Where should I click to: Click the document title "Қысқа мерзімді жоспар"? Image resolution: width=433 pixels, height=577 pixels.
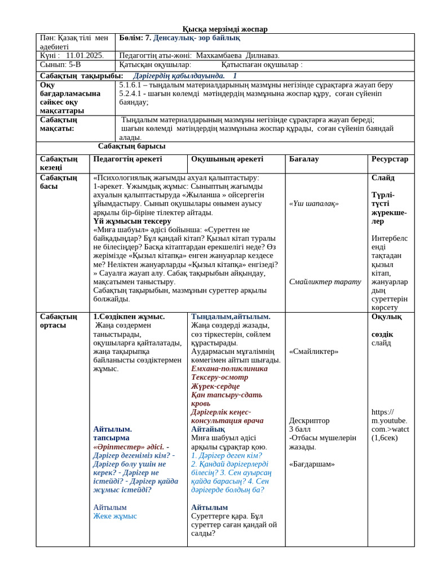pos(225,29)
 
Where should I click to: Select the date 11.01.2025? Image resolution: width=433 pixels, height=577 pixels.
pos(85,56)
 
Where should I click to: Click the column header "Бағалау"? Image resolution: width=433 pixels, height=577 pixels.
pos(304,159)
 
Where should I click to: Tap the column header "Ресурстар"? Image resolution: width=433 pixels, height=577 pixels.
pos(390,159)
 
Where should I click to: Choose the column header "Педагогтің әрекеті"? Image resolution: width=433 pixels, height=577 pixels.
pos(127,159)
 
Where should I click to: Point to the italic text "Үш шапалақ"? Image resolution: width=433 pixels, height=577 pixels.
pos(313,204)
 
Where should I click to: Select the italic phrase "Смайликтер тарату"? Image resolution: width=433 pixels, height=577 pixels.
pos(325,282)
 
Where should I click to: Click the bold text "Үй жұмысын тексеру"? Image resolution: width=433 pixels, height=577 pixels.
pos(132,221)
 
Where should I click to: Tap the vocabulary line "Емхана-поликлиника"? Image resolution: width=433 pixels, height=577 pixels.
pos(229,369)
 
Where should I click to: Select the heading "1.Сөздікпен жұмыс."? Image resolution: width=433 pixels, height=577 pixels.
pos(129,317)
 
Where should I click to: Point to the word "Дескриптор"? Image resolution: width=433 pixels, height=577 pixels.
pos(309,421)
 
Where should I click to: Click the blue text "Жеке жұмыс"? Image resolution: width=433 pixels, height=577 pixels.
pos(115,516)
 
